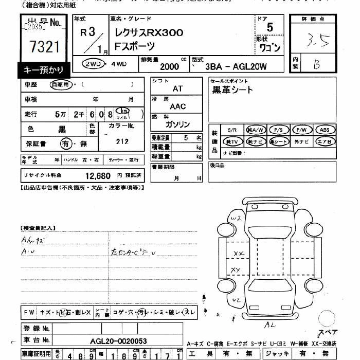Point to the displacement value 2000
click(x=169, y=67)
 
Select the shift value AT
click(x=177, y=88)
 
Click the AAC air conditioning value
click(x=177, y=106)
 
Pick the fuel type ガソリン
click(x=177, y=124)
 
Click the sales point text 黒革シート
click(x=232, y=89)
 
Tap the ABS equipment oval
click(x=325, y=130)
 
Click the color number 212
click(x=122, y=141)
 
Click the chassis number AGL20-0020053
click(x=118, y=340)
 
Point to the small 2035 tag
click(x=34, y=26)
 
